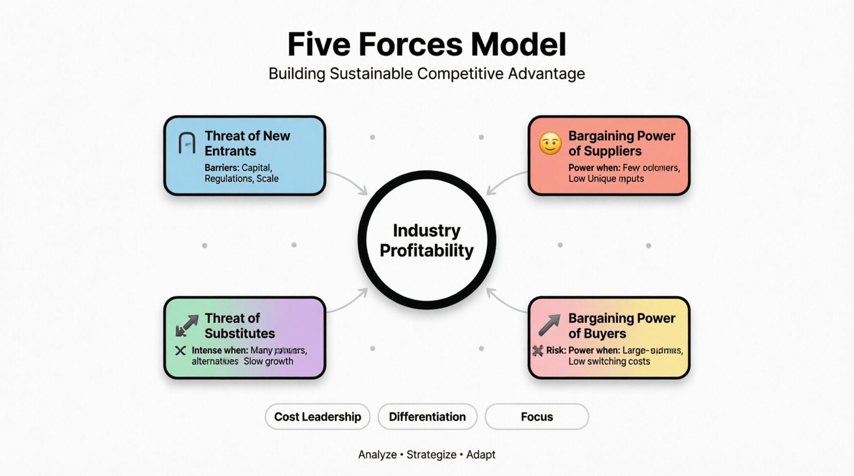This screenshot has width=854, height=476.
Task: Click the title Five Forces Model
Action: [x=426, y=45]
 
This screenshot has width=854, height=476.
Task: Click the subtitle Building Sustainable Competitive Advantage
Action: [x=426, y=74]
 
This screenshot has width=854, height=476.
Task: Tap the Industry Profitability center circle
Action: [x=426, y=240]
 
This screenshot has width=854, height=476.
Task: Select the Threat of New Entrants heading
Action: [x=247, y=143]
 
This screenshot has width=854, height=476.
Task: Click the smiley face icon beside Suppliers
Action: [x=550, y=144]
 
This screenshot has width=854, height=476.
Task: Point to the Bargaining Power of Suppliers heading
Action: [x=622, y=143]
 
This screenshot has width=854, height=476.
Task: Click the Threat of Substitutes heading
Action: [x=240, y=326]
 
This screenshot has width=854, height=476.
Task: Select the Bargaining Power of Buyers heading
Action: [x=622, y=326]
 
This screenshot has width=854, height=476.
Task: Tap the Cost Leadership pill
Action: [x=318, y=417]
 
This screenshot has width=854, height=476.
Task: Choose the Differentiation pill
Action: [x=428, y=417]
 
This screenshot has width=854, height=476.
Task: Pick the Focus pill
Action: [x=537, y=417]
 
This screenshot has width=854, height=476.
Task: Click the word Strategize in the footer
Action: [x=431, y=454]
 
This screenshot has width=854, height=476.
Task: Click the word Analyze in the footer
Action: [x=377, y=454]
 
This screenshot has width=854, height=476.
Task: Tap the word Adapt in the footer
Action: [x=481, y=454]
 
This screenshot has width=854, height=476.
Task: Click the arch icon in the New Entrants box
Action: [x=187, y=143]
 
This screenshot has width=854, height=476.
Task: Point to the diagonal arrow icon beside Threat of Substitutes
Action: [x=187, y=326]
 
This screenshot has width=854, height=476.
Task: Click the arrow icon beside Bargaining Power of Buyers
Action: [x=550, y=324]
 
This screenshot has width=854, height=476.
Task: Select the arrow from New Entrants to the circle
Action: [x=349, y=182]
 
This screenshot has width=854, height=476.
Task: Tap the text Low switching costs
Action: [x=609, y=361]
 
